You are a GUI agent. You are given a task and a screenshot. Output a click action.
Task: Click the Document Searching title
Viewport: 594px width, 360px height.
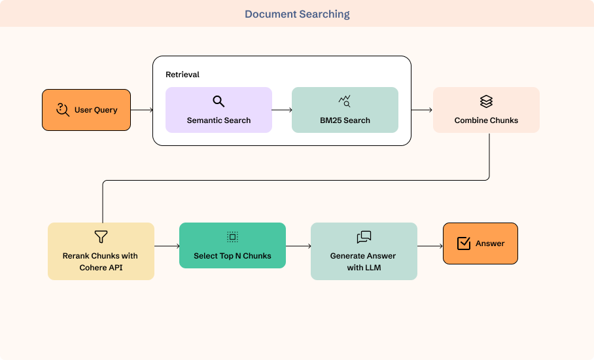pyautogui.click(x=297, y=14)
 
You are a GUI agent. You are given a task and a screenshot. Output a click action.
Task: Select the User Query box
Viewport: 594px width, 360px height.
pyautogui.click(x=86, y=110)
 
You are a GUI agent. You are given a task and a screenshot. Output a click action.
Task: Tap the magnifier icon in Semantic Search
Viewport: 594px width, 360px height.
pyautogui.click(x=218, y=101)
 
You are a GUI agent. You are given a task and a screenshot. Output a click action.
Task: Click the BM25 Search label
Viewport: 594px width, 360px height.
pyautogui.click(x=345, y=120)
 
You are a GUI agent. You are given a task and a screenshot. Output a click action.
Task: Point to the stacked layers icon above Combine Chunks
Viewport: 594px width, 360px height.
pyautogui.click(x=487, y=101)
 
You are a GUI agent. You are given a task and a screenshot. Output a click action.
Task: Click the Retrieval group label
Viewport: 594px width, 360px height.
pyautogui.click(x=183, y=74)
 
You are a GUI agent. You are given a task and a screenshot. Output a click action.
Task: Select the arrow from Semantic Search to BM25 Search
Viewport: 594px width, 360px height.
pyautogui.click(x=282, y=110)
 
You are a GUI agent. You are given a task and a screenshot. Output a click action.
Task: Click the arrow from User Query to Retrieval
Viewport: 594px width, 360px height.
pyautogui.click(x=142, y=110)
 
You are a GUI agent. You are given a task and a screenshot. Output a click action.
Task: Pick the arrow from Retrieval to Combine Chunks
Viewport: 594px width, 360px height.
pyautogui.click(x=422, y=110)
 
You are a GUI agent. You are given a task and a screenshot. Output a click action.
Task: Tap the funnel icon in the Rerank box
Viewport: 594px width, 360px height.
pyautogui.click(x=101, y=237)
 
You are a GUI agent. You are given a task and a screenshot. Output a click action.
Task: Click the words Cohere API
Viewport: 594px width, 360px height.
pyautogui.click(x=101, y=268)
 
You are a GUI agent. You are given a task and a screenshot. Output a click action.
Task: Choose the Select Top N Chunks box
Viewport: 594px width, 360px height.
pyautogui.click(x=233, y=245)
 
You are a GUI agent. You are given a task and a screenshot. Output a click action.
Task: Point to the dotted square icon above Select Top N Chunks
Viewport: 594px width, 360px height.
pyautogui.click(x=233, y=237)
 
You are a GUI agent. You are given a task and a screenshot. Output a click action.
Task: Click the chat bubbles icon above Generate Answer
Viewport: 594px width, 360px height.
pyautogui.click(x=364, y=237)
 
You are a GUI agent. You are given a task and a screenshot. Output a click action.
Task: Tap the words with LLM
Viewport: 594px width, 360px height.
pyautogui.click(x=364, y=268)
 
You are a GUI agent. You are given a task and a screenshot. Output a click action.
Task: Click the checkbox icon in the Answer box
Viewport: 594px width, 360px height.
pyautogui.click(x=464, y=243)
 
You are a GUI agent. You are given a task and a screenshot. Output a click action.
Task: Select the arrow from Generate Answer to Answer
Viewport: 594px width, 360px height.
pyautogui.click(x=430, y=246)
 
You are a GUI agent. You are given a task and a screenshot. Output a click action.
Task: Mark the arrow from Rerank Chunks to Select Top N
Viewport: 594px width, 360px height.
pyautogui.click(x=167, y=246)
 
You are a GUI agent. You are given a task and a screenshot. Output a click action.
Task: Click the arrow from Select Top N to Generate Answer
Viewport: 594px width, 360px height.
pyautogui.click(x=298, y=246)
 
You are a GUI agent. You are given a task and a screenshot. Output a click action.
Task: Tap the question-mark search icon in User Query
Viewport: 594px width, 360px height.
pyautogui.click(x=63, y=109)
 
